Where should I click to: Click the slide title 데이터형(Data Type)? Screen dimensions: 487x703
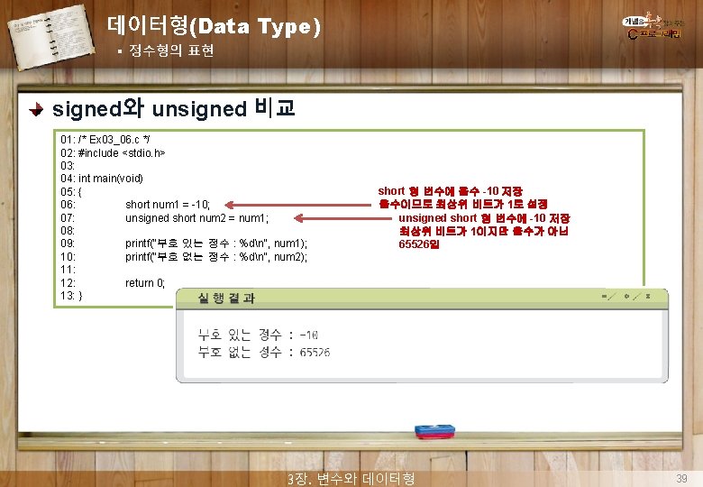213,26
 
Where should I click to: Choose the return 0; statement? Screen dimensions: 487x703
145,282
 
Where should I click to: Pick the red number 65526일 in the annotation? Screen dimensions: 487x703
420,244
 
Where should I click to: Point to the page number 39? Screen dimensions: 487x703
682,477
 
